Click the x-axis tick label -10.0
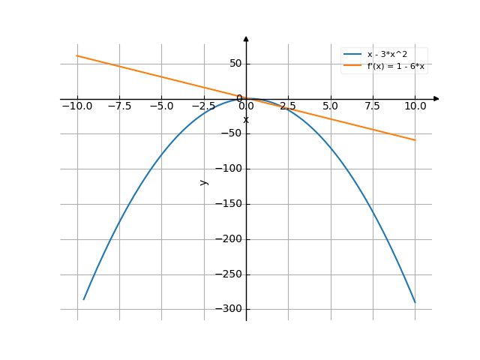[76, 106]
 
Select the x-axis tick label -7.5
[118, 106]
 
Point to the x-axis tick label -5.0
[161, 106]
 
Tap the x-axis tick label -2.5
[203, 106]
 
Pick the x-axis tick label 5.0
[330, 106]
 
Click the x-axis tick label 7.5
[373, 106]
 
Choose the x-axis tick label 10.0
[415, 106]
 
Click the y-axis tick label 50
[235, 64]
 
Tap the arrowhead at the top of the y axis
[246, 38]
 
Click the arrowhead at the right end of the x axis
[436, 99]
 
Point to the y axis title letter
[203, 181]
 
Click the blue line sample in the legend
[352, 55]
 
